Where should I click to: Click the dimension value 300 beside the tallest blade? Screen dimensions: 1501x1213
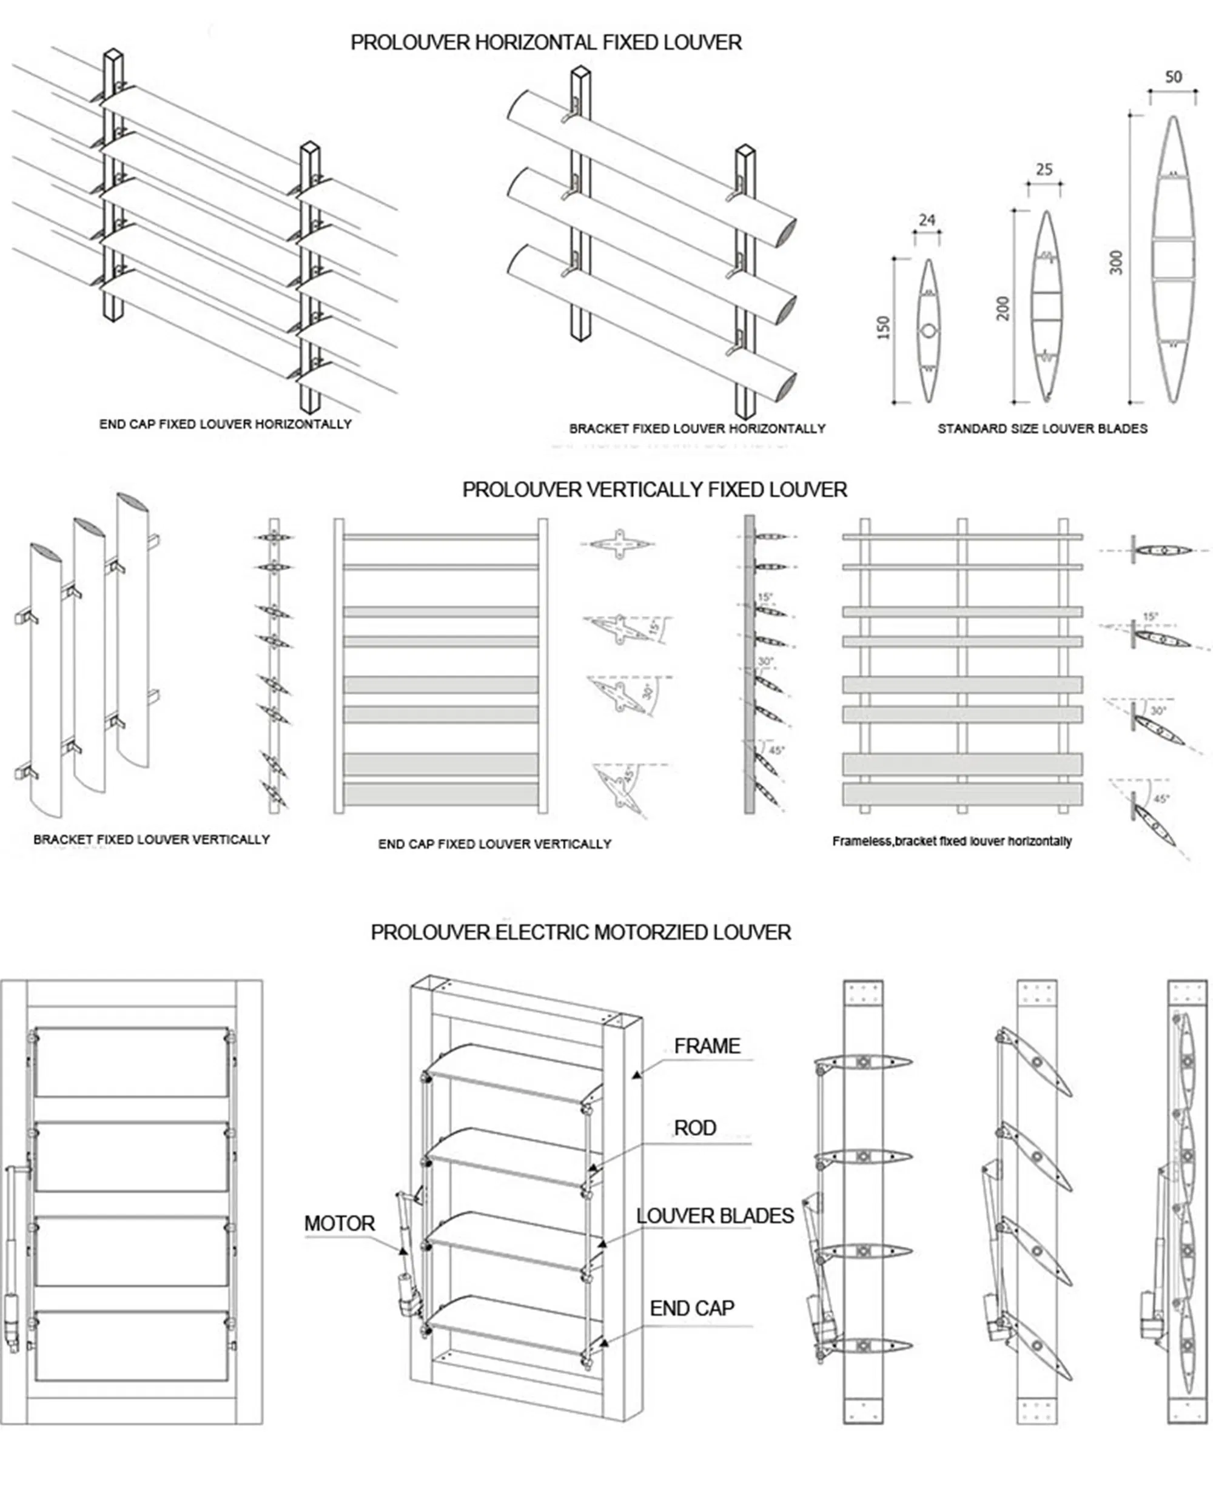tap(1116, 262)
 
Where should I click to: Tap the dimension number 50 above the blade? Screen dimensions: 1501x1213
tap(1173, 77)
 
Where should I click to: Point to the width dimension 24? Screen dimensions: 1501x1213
tap(927, 220)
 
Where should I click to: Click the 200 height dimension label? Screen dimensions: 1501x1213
tap(1003, 308)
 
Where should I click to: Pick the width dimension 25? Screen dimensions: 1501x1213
tap(1044, 169)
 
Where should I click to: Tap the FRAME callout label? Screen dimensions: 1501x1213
tap(707, 1046)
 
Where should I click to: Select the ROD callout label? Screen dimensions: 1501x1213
tap(694, 1128)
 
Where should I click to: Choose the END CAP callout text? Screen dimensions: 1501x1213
tap(692, 1308)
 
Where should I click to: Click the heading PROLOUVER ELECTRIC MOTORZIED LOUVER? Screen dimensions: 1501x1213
tap(580, 932)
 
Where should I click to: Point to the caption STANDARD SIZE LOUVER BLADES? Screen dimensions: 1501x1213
tap(1042, 428)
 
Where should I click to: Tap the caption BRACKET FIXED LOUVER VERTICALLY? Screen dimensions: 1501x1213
tap(152, 839)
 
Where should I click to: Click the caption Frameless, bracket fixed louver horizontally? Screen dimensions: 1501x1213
tap(952, 841)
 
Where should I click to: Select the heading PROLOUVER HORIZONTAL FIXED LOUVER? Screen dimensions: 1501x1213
tap(546, 42)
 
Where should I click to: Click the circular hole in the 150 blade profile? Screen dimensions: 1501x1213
tap(928, 331)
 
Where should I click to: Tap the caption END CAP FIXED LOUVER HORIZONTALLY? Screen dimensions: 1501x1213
tap(225, 424)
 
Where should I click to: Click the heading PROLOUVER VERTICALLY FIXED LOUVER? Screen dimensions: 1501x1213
tap(654, 490)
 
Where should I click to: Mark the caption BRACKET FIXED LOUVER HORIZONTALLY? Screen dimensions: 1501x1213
tap(697, 428)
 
